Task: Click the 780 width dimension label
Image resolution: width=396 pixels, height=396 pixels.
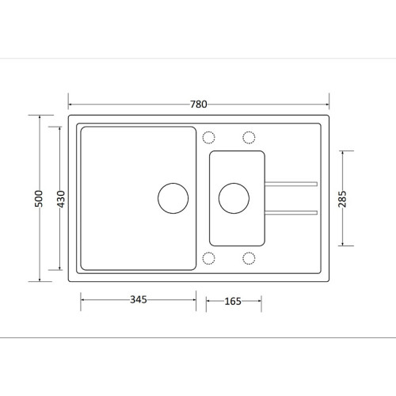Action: click(199, 105)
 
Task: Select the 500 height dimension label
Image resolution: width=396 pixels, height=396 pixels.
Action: click(39, 199)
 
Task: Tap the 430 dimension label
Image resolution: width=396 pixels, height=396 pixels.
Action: click(61, 199)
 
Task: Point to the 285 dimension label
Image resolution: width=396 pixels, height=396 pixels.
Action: click(342, 199)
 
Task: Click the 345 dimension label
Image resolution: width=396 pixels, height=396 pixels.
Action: click(139, 299)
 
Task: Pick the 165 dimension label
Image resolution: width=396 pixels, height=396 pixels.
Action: click(233, 301)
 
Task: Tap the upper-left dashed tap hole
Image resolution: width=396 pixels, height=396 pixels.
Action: click(208, 131)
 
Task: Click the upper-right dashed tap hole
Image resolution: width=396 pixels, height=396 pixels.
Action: click(249, 131)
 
